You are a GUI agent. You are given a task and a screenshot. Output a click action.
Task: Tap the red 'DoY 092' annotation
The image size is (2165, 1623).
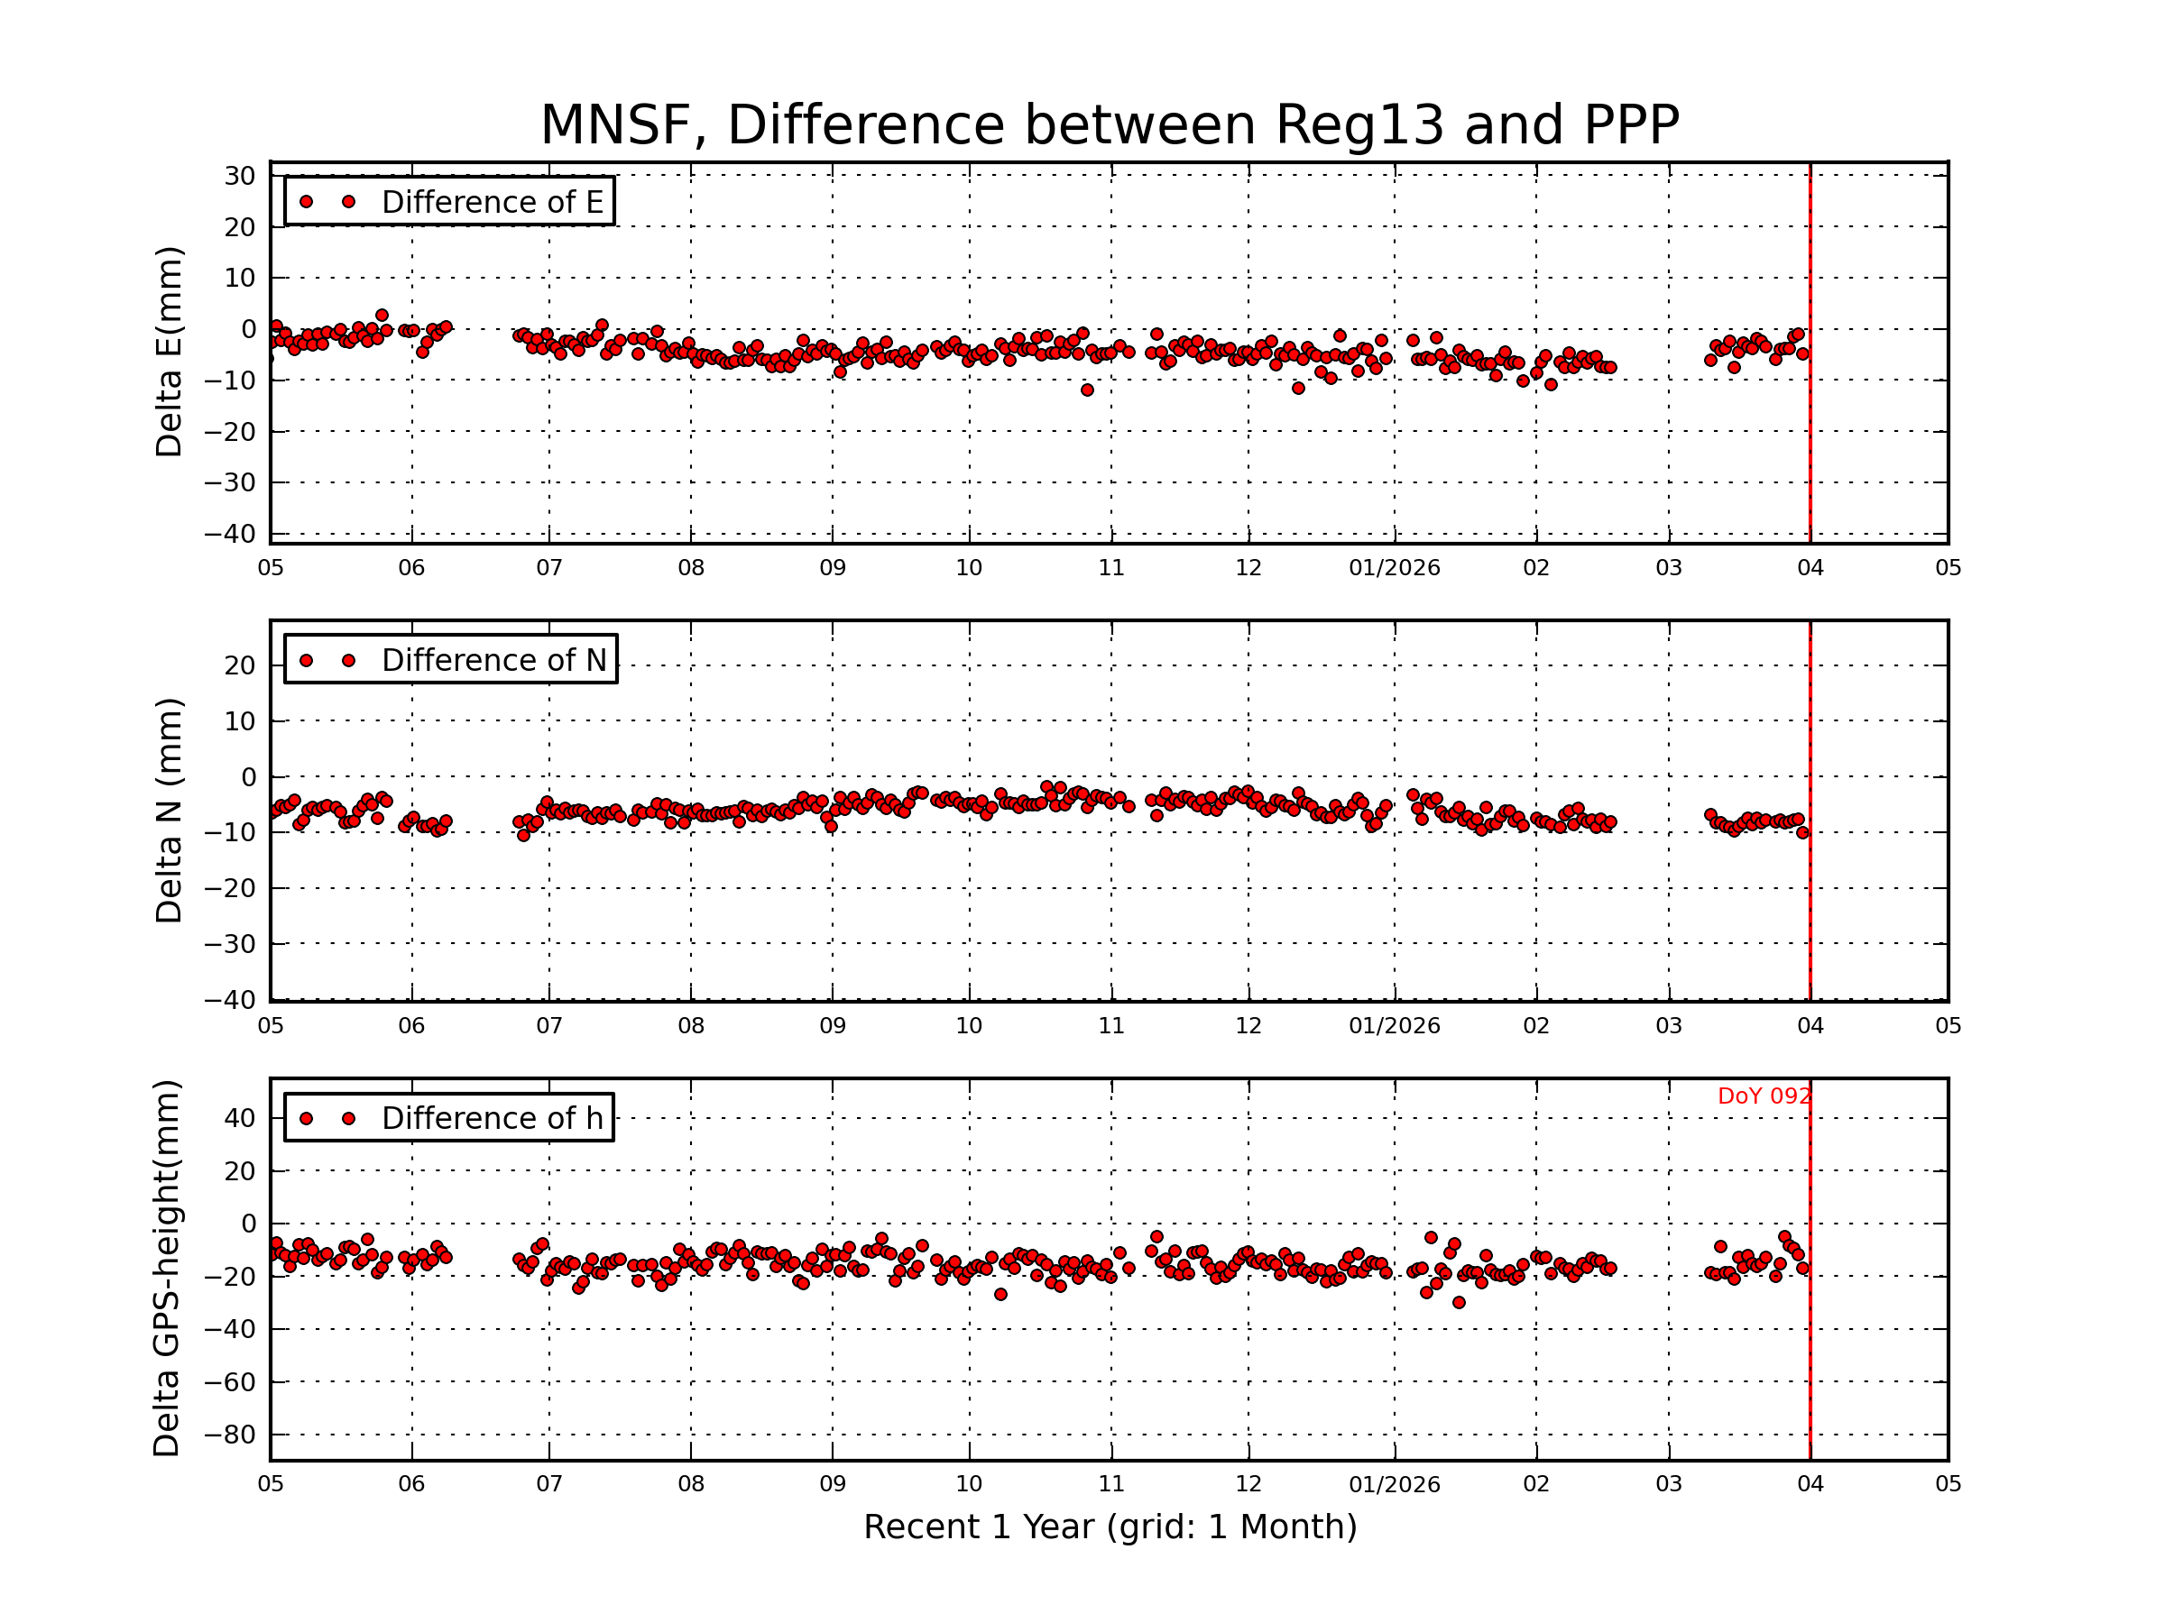[1764, 1096]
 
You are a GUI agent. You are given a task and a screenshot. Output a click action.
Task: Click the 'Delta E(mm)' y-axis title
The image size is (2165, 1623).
[169, 353]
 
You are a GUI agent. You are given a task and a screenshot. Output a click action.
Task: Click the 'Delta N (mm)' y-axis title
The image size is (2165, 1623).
[169, 810]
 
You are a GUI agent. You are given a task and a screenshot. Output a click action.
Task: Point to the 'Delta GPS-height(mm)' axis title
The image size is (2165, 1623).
[166, 1269]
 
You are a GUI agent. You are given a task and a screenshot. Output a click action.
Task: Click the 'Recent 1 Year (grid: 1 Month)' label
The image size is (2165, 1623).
[1110, 1527]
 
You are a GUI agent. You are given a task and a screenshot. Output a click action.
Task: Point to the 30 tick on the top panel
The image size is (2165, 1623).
[240, 176]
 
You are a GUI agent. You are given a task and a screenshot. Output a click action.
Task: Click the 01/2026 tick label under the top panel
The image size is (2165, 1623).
[1394, 568]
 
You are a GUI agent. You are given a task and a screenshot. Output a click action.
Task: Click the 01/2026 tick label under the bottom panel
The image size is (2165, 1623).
[1394, 1484]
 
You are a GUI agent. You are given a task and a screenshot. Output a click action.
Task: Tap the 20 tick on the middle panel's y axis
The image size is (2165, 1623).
[240, 666]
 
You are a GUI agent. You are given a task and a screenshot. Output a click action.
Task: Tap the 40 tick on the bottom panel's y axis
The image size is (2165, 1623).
[240, 1118]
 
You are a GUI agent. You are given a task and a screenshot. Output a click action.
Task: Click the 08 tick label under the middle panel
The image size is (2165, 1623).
[691, 1026]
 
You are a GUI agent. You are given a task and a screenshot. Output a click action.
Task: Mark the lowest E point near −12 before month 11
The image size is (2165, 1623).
[1086, 390]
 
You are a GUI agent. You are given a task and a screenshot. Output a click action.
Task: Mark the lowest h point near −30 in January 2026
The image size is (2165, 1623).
[1459, 1302]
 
